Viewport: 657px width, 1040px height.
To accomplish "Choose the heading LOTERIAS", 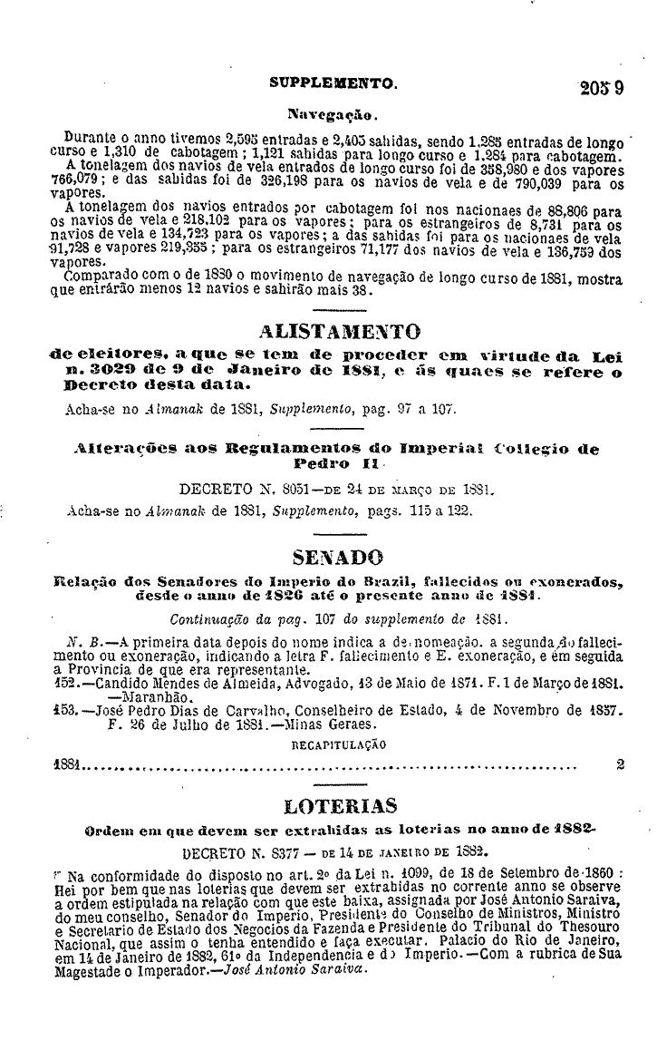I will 340,804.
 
